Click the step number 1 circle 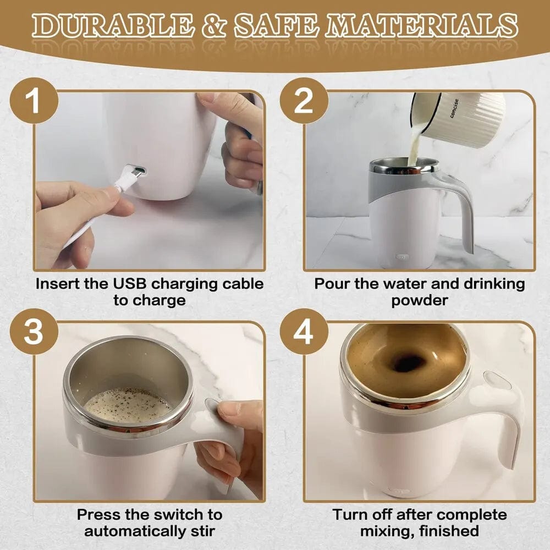pyautogui.click(x=34, y=102)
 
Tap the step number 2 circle pyautogui.click(x=304, y=102)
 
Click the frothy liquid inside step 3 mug pyautogui.click(x=127, y=405)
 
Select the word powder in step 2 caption pyautogui.click(x=419, y=300)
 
